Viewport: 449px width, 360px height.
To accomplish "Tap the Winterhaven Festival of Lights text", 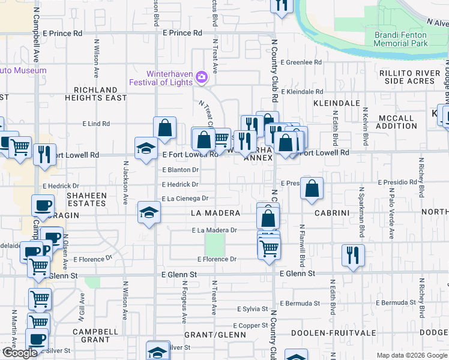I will (x=160, y=77).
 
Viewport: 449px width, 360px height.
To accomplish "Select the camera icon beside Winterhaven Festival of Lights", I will (x=202, y=76).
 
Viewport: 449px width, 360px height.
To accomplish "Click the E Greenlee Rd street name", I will (x=304, y=62).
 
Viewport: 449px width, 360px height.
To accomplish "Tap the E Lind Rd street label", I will (x=96, y=124).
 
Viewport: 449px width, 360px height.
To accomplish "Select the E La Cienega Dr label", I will (x=184, y=199).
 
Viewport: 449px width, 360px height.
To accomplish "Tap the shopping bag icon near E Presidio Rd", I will (x=312, y=188).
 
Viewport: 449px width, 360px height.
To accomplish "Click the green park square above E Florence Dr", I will (x=215, y=244).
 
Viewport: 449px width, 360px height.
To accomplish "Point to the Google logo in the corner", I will (x=19, y=353).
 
